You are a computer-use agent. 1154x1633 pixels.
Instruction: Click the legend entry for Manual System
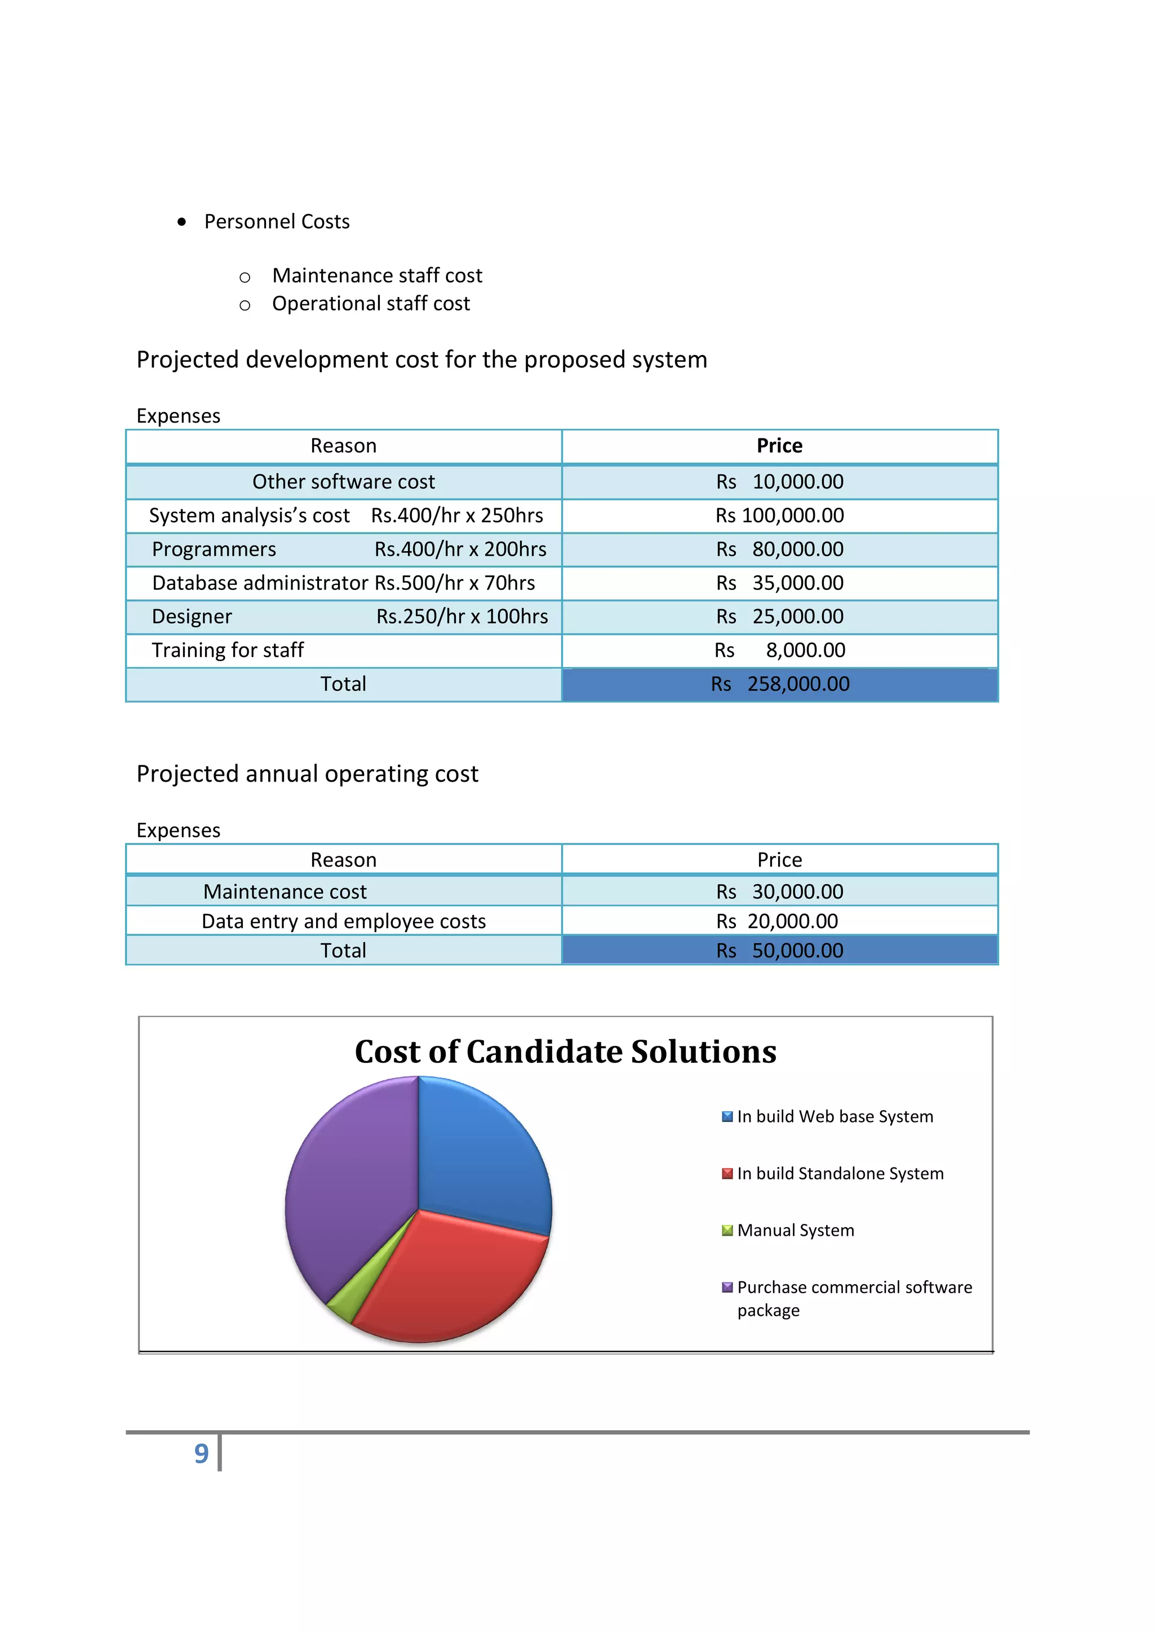795,1231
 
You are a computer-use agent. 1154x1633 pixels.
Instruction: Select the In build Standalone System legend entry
840,1174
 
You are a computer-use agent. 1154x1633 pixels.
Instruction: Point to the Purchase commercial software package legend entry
853,1298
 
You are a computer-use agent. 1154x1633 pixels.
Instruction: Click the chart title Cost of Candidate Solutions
565,1052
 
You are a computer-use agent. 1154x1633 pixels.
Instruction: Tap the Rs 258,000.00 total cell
779,684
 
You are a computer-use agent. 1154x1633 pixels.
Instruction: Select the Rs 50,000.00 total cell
779,951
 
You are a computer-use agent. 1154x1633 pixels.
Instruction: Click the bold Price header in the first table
779,446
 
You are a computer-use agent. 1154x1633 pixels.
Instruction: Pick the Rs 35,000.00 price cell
779,583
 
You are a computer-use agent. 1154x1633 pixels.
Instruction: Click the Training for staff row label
228,650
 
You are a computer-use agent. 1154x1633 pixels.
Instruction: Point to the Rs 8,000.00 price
779,650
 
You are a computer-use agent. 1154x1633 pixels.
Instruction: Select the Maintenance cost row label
285,892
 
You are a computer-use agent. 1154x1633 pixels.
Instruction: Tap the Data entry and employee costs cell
343,922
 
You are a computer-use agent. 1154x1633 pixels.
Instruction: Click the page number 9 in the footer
201,1454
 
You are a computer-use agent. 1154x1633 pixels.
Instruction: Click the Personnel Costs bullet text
277,222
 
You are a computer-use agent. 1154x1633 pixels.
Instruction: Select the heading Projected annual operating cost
307,774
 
